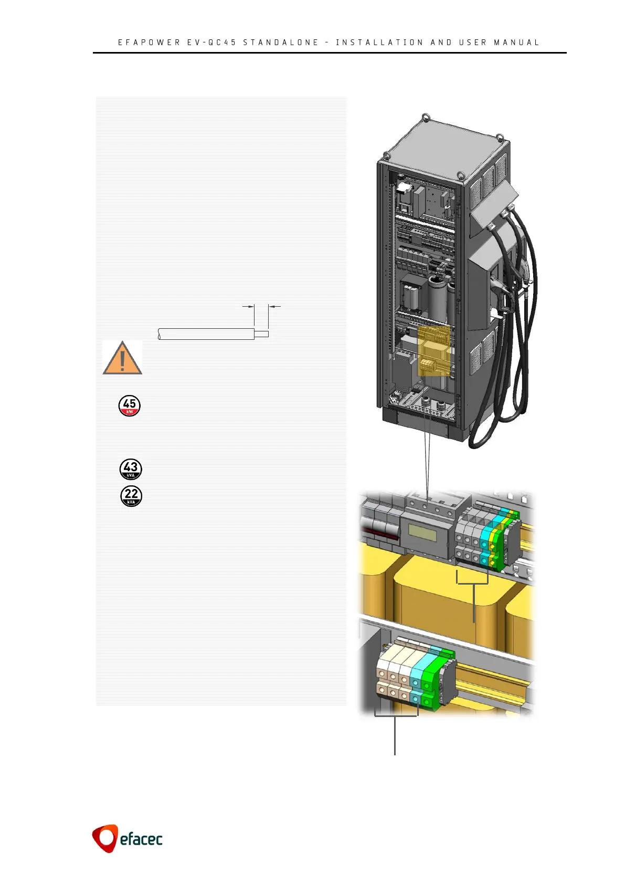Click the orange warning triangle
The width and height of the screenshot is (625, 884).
(122, 359)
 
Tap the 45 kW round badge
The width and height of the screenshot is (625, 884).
(130, 405)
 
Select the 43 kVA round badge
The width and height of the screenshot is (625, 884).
(131, 469)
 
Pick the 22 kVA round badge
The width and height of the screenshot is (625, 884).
(131, 496)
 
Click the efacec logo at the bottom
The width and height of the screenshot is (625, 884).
(128, 838)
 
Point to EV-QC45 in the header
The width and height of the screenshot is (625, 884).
(211, 43)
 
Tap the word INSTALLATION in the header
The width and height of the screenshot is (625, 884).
(379, 43)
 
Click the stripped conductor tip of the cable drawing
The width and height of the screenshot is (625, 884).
(261, 334)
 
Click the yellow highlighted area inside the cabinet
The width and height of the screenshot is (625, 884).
(435, 350)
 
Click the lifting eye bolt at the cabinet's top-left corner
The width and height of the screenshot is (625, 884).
(386, 155)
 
